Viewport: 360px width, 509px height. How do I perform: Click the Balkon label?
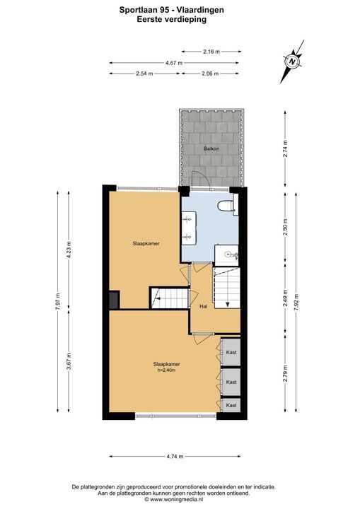(x=211, y=148)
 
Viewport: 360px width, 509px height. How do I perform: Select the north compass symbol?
(x=292, y=62)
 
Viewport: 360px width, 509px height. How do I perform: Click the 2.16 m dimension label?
(x=211, y=52)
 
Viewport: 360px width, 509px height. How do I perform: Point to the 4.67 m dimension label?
(x=174, y=63)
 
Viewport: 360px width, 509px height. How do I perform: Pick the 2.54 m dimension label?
(x=144, y=74)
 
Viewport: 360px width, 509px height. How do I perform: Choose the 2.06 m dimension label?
(x=210, y=74)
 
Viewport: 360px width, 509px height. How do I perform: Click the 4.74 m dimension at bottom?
(x=175, y=457)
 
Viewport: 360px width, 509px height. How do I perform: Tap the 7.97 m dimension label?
(x=58, y=302)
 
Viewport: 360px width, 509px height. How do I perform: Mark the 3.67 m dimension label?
(x=69, y=361)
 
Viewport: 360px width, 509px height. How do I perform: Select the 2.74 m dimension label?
(x=285, y=148)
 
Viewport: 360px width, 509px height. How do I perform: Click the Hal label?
(x=204, y=306)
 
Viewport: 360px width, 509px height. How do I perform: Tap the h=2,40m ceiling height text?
(x=166, y=370)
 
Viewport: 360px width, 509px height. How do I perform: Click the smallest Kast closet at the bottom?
(x=231, y=406)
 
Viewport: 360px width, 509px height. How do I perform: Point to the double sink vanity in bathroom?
(x=189, y=228)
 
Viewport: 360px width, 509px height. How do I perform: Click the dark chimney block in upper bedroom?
(x=115, y=299)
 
